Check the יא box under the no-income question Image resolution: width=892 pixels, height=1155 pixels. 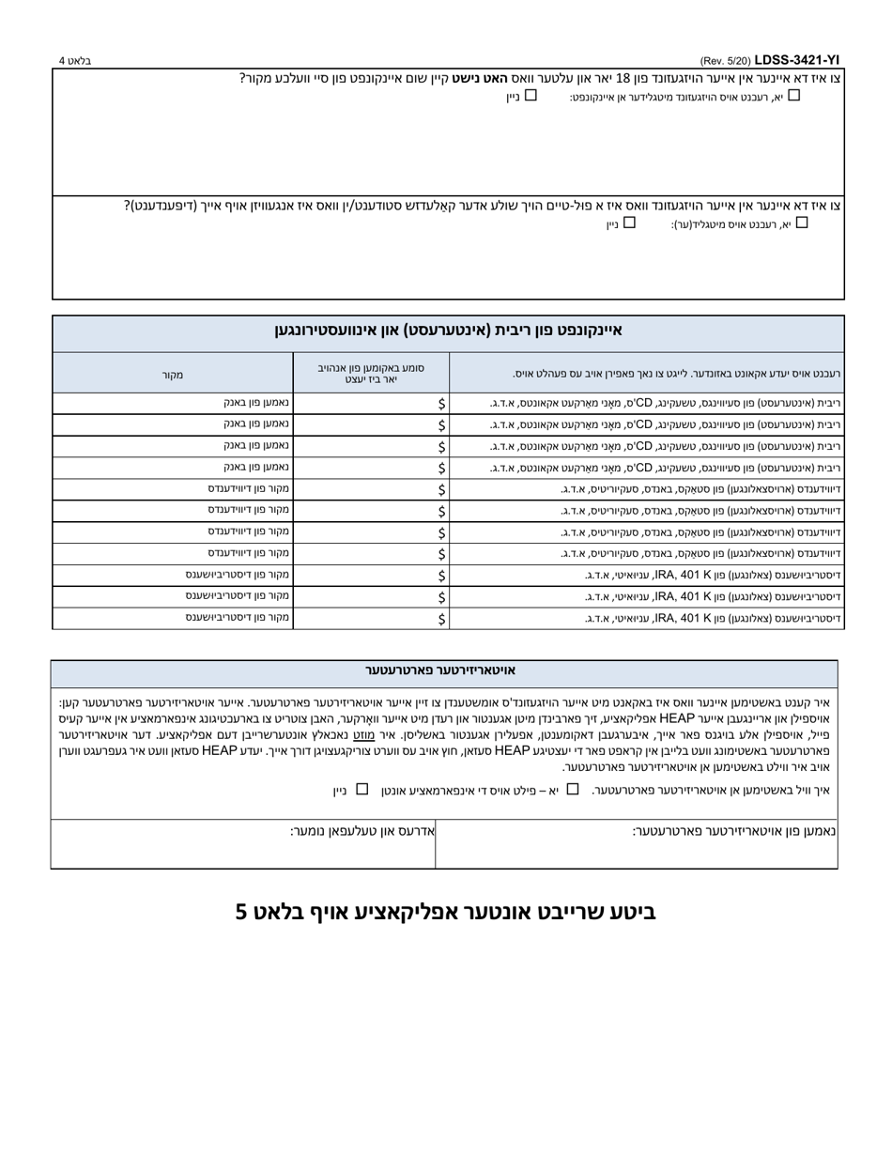pyautogui.click(x=794, y=95)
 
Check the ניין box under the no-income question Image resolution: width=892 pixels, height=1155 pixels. pyautogui.click(x=531, y=95)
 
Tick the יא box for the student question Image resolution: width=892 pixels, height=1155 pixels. pyautogui.click(x=801, y=223)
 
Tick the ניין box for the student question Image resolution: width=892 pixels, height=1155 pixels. pyautogui.click(x=629, y=223)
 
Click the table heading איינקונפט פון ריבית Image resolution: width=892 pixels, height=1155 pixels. pyautogui.click(x=448, y=331)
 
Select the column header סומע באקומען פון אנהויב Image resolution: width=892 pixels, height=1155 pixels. pyautogui.click(x=371, y=373)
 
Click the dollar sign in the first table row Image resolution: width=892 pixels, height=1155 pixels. pyautogui.click(x=441, y=403)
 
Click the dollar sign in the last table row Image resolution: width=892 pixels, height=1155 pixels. pyautogui.click(x=441, y=619)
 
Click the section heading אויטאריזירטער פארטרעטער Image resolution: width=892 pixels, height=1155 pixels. pyautogui.click(x=440, y=670)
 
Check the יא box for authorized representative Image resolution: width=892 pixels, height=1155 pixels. pyautogui.click(x=573, y=789)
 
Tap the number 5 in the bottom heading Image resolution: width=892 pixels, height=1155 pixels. pyautogui.click(x=241, y=911)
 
